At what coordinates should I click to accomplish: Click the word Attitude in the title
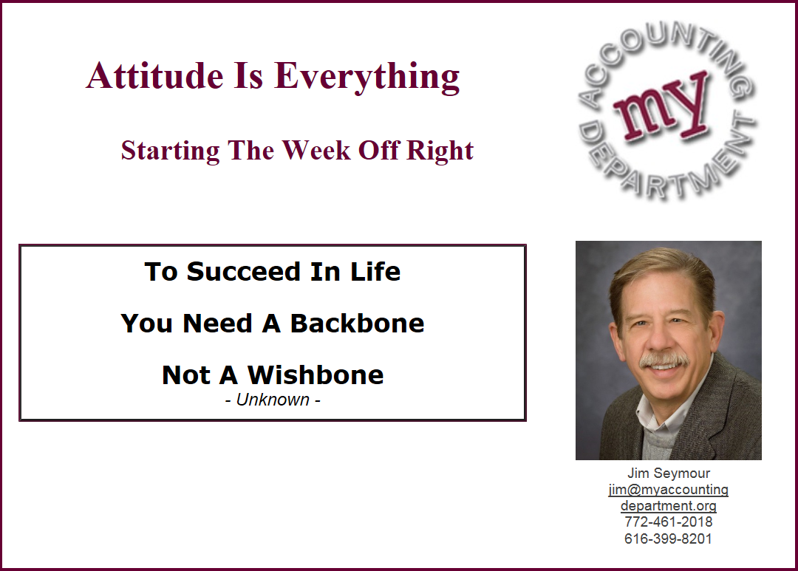[154, 76]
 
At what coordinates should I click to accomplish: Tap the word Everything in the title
[367, 78]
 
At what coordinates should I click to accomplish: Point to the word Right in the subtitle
[440, 151]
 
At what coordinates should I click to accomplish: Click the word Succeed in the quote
[244, 271]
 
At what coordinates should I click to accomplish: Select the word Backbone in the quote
[358, 323]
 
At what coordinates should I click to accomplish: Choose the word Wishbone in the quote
[316, 375]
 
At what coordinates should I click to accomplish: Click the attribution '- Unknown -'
[273, 400]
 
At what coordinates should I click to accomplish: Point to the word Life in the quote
[375, 271]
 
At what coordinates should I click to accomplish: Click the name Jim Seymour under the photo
[668, 473]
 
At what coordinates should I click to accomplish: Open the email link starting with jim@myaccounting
[668, 490]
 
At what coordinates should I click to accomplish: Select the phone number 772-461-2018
[668, 522]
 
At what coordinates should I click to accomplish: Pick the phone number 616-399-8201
[668, 538]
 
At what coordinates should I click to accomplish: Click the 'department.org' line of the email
[668, 506]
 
